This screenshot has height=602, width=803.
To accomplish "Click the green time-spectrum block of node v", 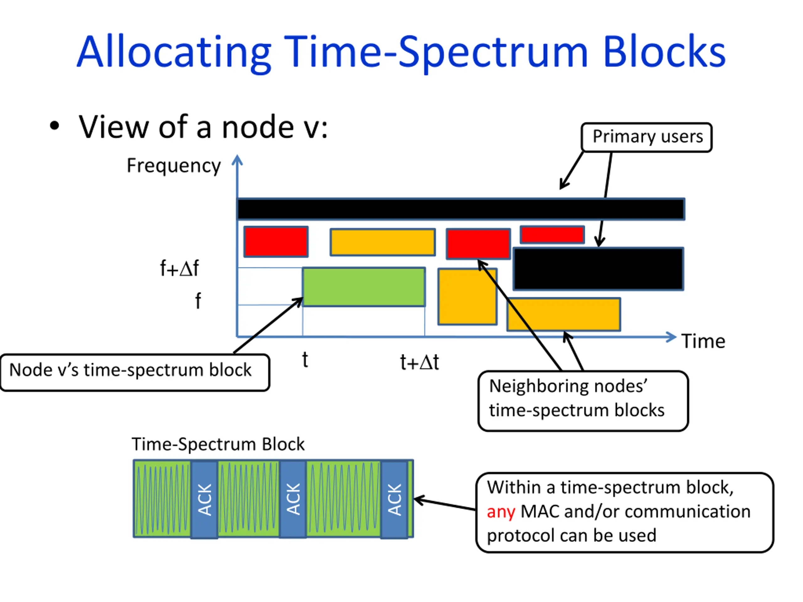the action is (x=364, y=287).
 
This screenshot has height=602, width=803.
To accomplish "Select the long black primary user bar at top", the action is (x=461, y=209).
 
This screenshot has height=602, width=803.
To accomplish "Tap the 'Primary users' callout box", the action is (x=646, y=137).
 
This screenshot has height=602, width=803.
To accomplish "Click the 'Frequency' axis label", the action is (x=173, y=166).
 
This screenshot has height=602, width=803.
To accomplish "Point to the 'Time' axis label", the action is (x=703, y=341).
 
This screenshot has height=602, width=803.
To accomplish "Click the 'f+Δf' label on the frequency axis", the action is (x=179, y=268).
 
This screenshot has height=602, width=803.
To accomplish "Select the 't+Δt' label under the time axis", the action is (x=419, y=362).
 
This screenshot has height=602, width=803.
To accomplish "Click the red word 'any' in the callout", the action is (x=501, y=512).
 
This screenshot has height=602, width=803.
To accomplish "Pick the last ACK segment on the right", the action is (x=394, y=499).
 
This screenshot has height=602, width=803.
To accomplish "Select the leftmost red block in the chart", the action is (x=276, y=242).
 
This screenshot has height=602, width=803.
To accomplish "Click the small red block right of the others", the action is (x=552, y=235).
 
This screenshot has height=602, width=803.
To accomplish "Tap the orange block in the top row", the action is (x=383, y=242).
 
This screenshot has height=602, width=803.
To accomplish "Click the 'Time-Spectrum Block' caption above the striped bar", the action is (x=218, y=444).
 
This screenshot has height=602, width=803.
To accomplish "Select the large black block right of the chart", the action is (x=598, y=269).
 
